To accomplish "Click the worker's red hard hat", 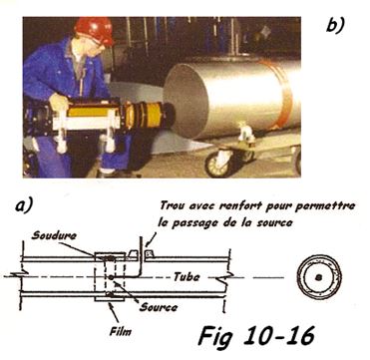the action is tap(94, 30).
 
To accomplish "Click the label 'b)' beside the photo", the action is tap(335, 24).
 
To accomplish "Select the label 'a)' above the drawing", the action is tap(24, 205).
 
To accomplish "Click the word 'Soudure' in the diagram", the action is tap(54, 235).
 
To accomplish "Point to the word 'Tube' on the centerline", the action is tap(186, 276).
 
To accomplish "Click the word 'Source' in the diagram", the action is tap(159, 307).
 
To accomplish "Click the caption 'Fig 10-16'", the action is tap(256, 336).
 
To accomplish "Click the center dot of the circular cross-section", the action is tap(319, 276).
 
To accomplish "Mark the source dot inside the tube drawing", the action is tap(111, 276).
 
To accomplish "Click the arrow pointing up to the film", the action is tap(114, 312).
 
